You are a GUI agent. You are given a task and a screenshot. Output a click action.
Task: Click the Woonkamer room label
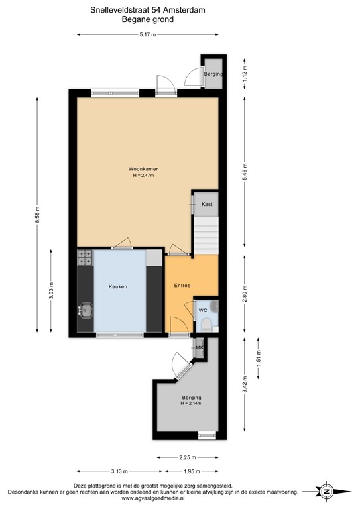143,169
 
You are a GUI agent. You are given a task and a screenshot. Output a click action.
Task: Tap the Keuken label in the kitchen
118,286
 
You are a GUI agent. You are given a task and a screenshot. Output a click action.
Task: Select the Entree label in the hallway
182,286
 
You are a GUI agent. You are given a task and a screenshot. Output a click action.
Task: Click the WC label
202,310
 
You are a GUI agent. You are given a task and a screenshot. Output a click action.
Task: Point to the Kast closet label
206,205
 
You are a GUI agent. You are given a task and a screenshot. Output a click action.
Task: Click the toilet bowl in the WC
207,324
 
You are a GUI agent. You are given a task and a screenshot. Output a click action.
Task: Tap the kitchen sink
86,310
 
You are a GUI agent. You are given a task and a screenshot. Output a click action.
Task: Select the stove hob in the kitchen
85,258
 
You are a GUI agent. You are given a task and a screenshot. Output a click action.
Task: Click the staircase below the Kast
205,236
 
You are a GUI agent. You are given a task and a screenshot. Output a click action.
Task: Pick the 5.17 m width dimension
147,35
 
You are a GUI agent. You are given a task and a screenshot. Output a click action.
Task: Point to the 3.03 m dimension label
51,291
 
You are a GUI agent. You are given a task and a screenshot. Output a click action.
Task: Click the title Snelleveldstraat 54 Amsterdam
147,10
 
